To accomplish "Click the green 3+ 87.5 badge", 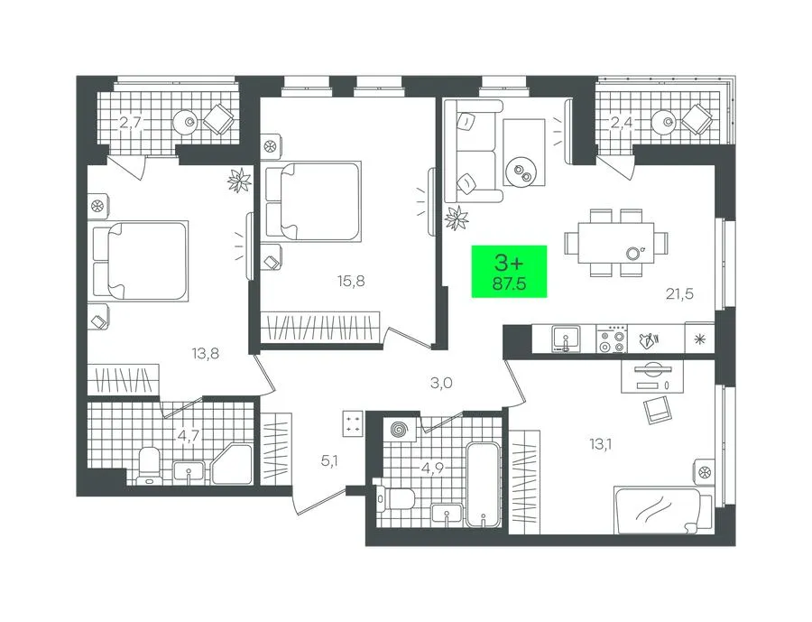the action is [509, 271].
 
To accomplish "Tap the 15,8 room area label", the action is [351, 282].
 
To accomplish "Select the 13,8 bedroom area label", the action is [205, 354].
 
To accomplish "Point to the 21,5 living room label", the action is [679, 294].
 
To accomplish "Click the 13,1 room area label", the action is [601, 444].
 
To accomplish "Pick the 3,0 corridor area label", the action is [442, 383].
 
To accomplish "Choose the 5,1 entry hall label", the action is [329, 460].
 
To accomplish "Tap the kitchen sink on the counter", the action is [566, 339].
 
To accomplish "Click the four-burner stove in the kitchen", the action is [612, 339].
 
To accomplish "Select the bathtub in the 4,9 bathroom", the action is [484, 484].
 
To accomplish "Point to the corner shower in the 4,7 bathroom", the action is [232, 464].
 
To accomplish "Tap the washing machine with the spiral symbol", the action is [400, 430].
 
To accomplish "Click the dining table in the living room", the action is [615, 243].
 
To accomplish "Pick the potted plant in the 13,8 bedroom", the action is [239, 181].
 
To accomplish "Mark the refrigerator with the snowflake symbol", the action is [699, 339].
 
